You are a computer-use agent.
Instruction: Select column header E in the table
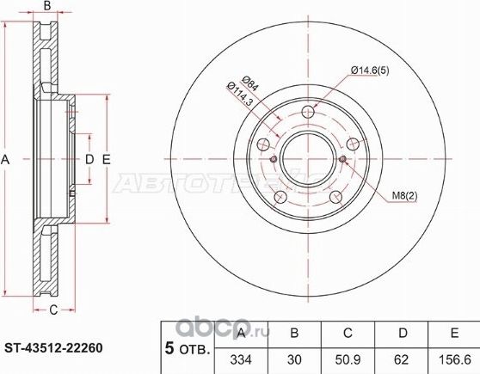click(x=450, y=334)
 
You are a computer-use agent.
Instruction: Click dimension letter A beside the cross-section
click(x=7, y=159)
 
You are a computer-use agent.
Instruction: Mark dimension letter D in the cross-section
click(x=88, y=159)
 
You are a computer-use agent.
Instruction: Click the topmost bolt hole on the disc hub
click(x=309, y=113)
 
